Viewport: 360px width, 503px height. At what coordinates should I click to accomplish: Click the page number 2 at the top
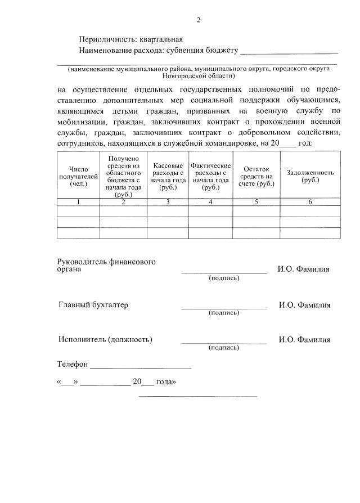click(198, 20)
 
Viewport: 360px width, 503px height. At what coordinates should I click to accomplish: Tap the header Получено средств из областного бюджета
click(123, 177)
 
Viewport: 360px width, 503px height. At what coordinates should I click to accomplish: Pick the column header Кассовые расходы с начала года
click(168, 177)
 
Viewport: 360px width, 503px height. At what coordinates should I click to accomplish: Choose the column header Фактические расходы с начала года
click(210, 177)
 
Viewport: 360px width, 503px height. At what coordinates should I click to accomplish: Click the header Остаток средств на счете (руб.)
click(256, 177)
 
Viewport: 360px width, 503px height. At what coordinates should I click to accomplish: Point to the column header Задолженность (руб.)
click(310, 176)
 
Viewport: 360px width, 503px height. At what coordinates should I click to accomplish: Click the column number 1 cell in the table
click(79, 201)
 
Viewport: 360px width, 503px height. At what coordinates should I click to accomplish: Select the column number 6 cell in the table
click(310, 201)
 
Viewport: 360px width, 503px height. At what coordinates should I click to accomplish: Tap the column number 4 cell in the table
click(210, 201)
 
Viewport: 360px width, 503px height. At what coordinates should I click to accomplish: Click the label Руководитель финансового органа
click(106, 265)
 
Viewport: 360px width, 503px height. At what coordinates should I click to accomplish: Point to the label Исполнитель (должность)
click(105, 339)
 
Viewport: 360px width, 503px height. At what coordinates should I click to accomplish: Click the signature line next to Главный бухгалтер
click(224, 307)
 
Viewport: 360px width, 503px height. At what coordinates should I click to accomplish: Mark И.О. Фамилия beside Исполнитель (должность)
click(304, 340)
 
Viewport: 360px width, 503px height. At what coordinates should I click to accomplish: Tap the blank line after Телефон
click(141, 367)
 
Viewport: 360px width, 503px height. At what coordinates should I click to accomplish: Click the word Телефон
click(73, 364)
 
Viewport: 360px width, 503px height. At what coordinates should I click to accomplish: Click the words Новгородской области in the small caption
click(198, 75)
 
